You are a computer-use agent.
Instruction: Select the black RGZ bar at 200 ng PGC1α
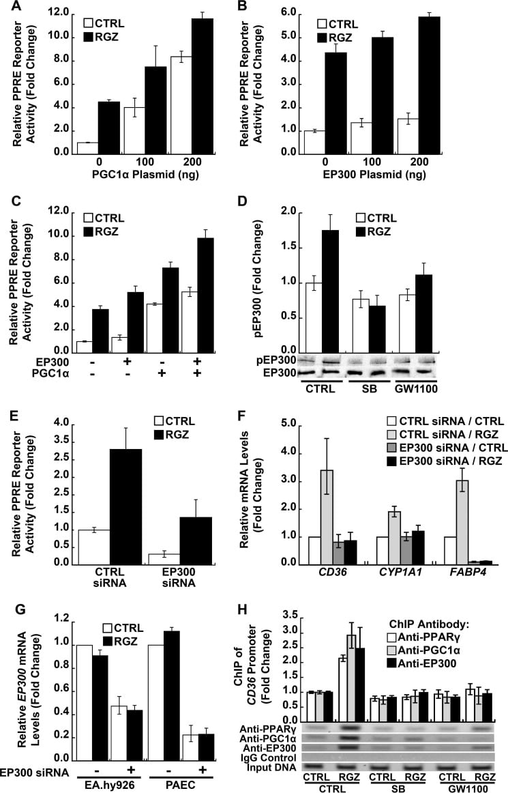tap(203, 81)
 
